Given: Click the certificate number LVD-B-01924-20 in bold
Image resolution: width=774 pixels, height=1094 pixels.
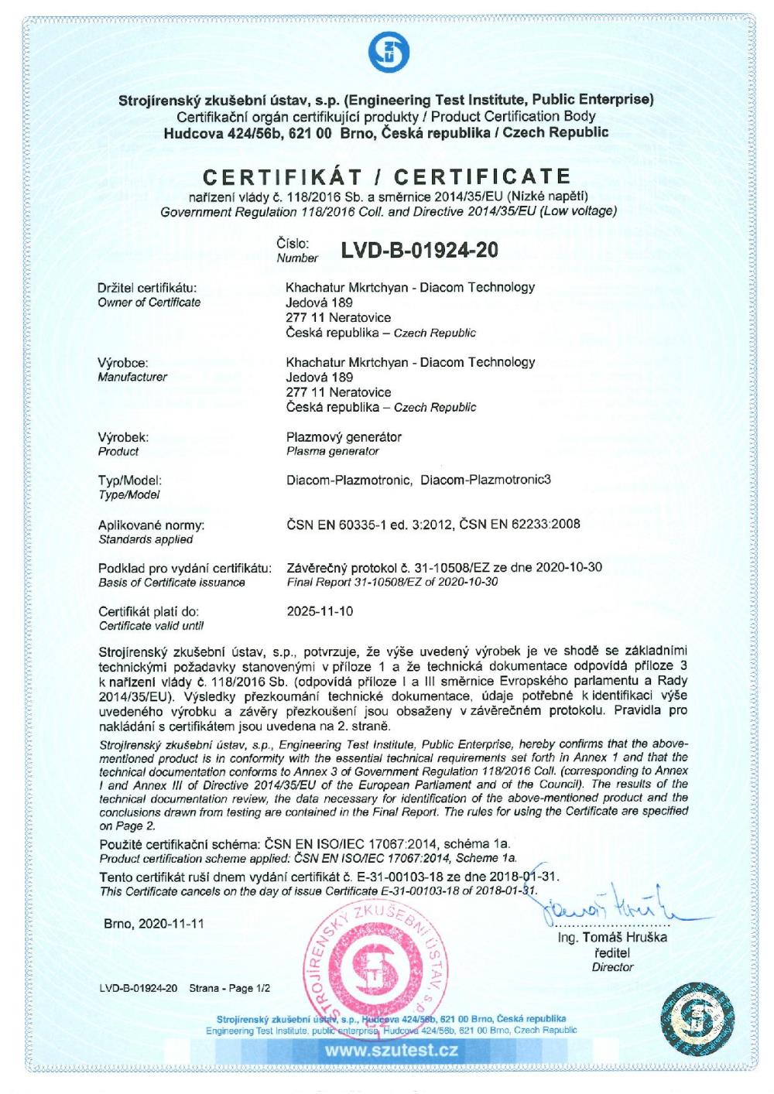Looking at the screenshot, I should pos(419,251).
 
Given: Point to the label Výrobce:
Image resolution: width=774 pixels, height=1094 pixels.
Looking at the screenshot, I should pos(123,362).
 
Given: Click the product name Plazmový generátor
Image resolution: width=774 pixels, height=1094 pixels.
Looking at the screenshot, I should pos(344,437).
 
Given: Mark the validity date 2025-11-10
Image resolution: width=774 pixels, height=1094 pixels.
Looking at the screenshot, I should pos(320,611).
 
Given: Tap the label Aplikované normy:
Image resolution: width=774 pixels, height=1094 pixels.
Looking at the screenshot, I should pos(151,525).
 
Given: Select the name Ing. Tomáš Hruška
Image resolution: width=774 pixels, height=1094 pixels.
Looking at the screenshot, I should pos(612,938).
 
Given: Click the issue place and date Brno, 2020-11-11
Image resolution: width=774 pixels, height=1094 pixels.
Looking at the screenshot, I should pos(154,925).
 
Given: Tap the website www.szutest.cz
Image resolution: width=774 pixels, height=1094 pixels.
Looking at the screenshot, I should pos(391,1051).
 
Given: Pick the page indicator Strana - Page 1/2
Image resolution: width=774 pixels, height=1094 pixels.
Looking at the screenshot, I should pos(229,989).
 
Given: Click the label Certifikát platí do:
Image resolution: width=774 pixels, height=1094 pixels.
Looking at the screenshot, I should pos(149,612).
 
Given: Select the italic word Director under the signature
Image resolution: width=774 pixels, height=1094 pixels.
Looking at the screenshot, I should pos(612,967).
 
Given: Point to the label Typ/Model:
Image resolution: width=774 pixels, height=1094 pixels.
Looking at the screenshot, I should pos(130,480).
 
